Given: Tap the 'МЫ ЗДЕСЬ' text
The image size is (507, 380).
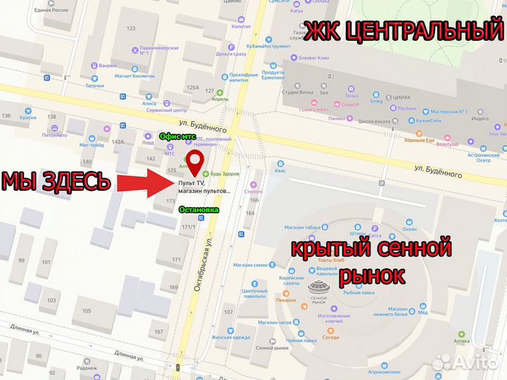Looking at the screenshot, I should click(56, 182).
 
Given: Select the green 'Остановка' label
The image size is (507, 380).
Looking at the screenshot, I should click(199, 210).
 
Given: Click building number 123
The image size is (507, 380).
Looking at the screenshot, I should click(130, 28).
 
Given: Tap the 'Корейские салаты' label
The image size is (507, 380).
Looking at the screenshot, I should click(292, 281).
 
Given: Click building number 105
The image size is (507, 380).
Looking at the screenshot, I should click(87, 310).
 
